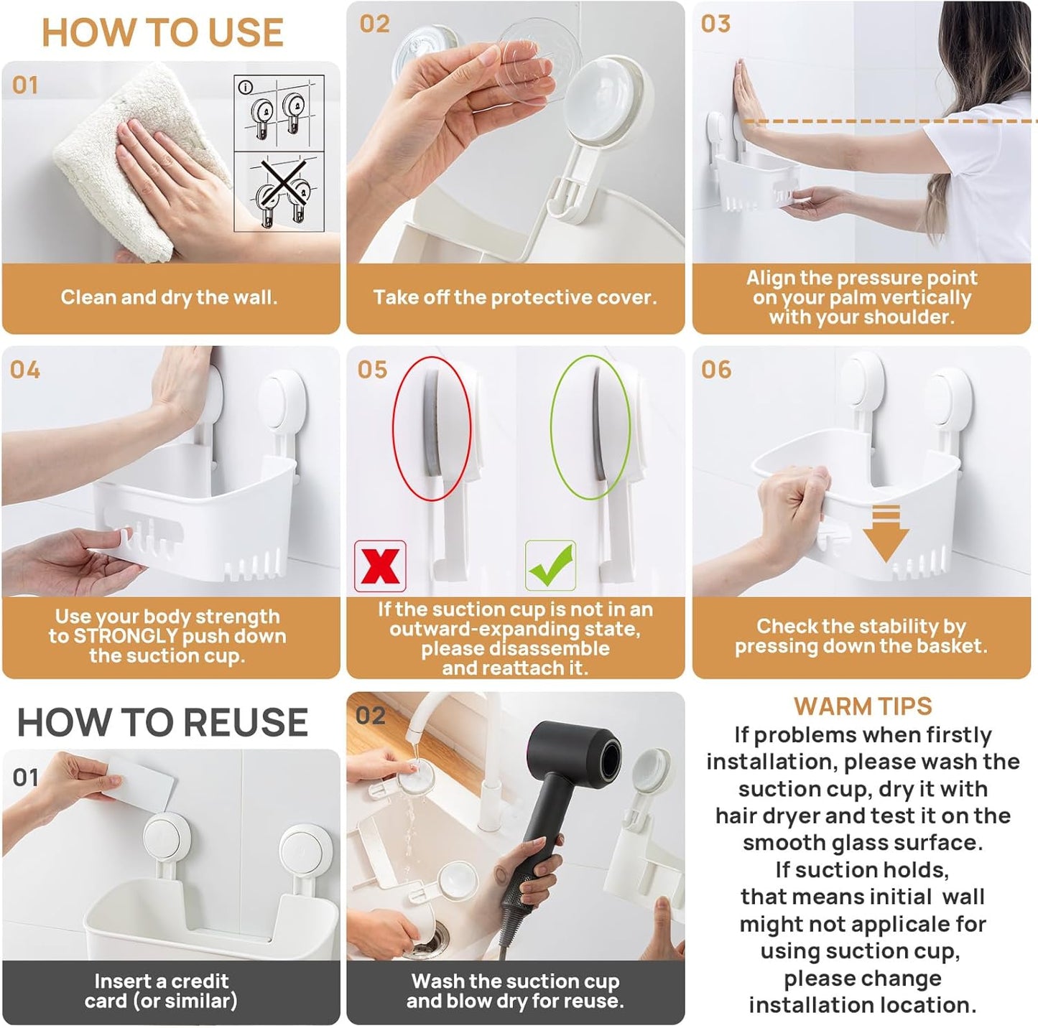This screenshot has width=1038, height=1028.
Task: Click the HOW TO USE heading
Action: [162, 33]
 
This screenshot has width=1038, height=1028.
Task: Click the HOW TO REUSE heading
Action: [162, 722]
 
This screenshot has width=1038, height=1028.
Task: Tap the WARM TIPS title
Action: [862, 706]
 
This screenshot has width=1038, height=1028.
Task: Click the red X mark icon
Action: [380, 566]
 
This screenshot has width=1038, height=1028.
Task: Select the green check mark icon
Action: [550, 566]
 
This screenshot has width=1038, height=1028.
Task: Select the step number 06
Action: [716, 370]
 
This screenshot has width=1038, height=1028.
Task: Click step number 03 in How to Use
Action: [715, 24]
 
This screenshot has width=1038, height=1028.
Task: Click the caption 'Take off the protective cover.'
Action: [514, 297]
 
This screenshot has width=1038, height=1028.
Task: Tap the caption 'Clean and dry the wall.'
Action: [169, 297]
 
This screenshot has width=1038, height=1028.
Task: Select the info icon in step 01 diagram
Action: [246, 88]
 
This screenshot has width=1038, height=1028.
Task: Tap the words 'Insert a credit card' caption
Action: [161, 981]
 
